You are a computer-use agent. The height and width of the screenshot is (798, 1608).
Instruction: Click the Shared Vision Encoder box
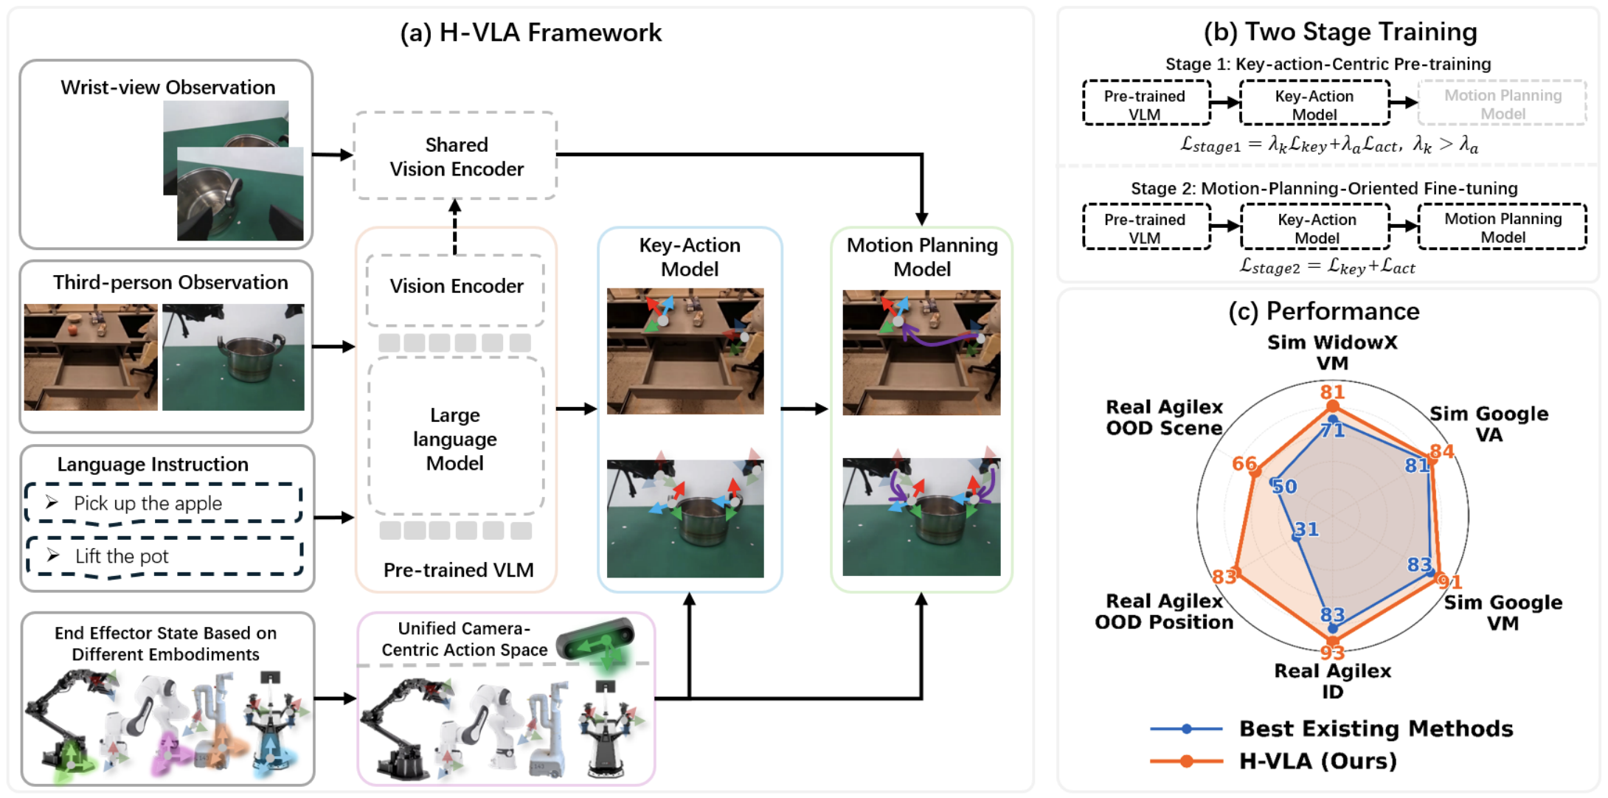pyautogui.click(x=455, y=156)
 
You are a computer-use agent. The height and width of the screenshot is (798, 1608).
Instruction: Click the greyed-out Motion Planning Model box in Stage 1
pyautogui.click(x=1502, y=104)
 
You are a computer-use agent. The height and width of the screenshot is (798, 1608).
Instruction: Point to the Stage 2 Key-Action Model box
pyautogui.click(x=1316, y=228)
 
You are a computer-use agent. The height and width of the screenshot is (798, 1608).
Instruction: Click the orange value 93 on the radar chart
pyautogui.click(x=1332, y=652)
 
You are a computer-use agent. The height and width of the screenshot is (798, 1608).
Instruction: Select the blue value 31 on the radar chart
pyautogui.click(x=1306, y=529)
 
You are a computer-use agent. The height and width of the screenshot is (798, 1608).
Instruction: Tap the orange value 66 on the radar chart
pyautogui.click(x=1244, y=463)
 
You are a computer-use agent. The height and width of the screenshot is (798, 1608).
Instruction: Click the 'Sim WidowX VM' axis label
pyautogui.click(x=1332, y=353)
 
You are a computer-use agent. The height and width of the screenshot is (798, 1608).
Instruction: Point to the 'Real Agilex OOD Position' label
pyautogui.click(x=1164, y=611)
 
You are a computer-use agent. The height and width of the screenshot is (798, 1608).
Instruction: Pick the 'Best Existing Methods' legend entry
pyautogui.click(x=1331, y=729)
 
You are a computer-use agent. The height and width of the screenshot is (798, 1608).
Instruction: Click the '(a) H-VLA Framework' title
pyautogui.click(x=530, y=32)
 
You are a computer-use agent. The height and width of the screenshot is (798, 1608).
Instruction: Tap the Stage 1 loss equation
pyautogui.click(x=1329, y=145)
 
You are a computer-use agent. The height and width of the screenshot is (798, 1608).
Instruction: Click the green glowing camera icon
pyautogui.click(x=597, y=639)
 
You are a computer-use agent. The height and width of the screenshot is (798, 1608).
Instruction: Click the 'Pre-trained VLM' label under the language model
pyautogui.click(x=458, y=570)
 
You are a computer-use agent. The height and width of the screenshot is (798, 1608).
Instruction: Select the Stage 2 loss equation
pyautogui.click(x=1327, y=266)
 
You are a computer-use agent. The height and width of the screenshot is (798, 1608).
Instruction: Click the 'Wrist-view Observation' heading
pyautogui.click(x=167, y=87)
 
